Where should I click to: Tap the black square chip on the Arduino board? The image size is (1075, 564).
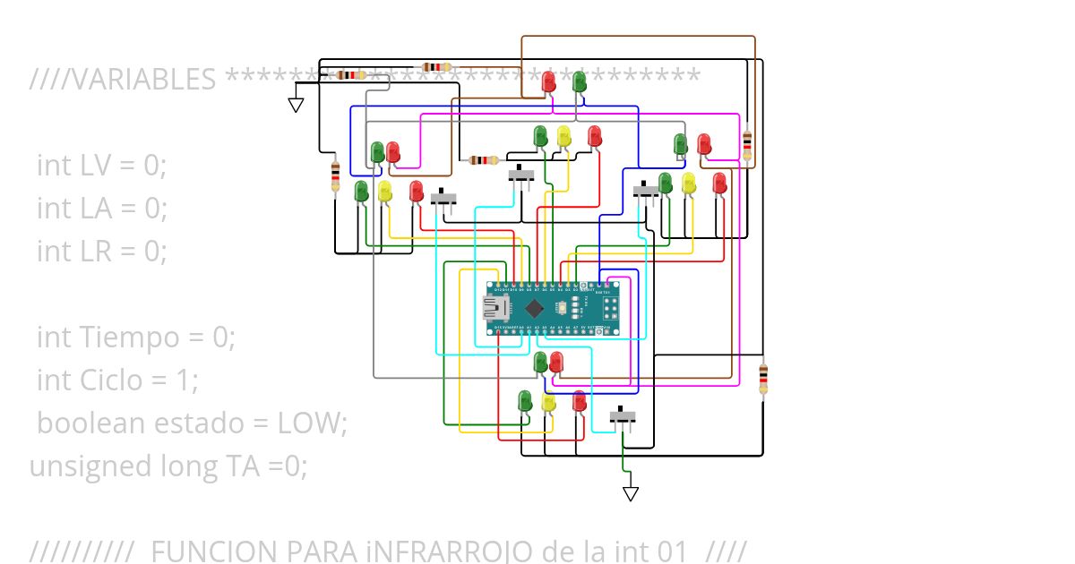535,309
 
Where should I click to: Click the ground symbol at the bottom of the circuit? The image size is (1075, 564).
631,493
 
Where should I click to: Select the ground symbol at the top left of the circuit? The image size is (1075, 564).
296,105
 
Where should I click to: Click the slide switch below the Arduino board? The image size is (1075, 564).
623,417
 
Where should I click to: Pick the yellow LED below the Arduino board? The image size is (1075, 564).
548,403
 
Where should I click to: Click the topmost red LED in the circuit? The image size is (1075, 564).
548,81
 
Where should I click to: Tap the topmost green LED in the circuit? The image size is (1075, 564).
579,81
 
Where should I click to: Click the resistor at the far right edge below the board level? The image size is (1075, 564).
762,379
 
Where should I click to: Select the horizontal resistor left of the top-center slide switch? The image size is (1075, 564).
484,160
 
